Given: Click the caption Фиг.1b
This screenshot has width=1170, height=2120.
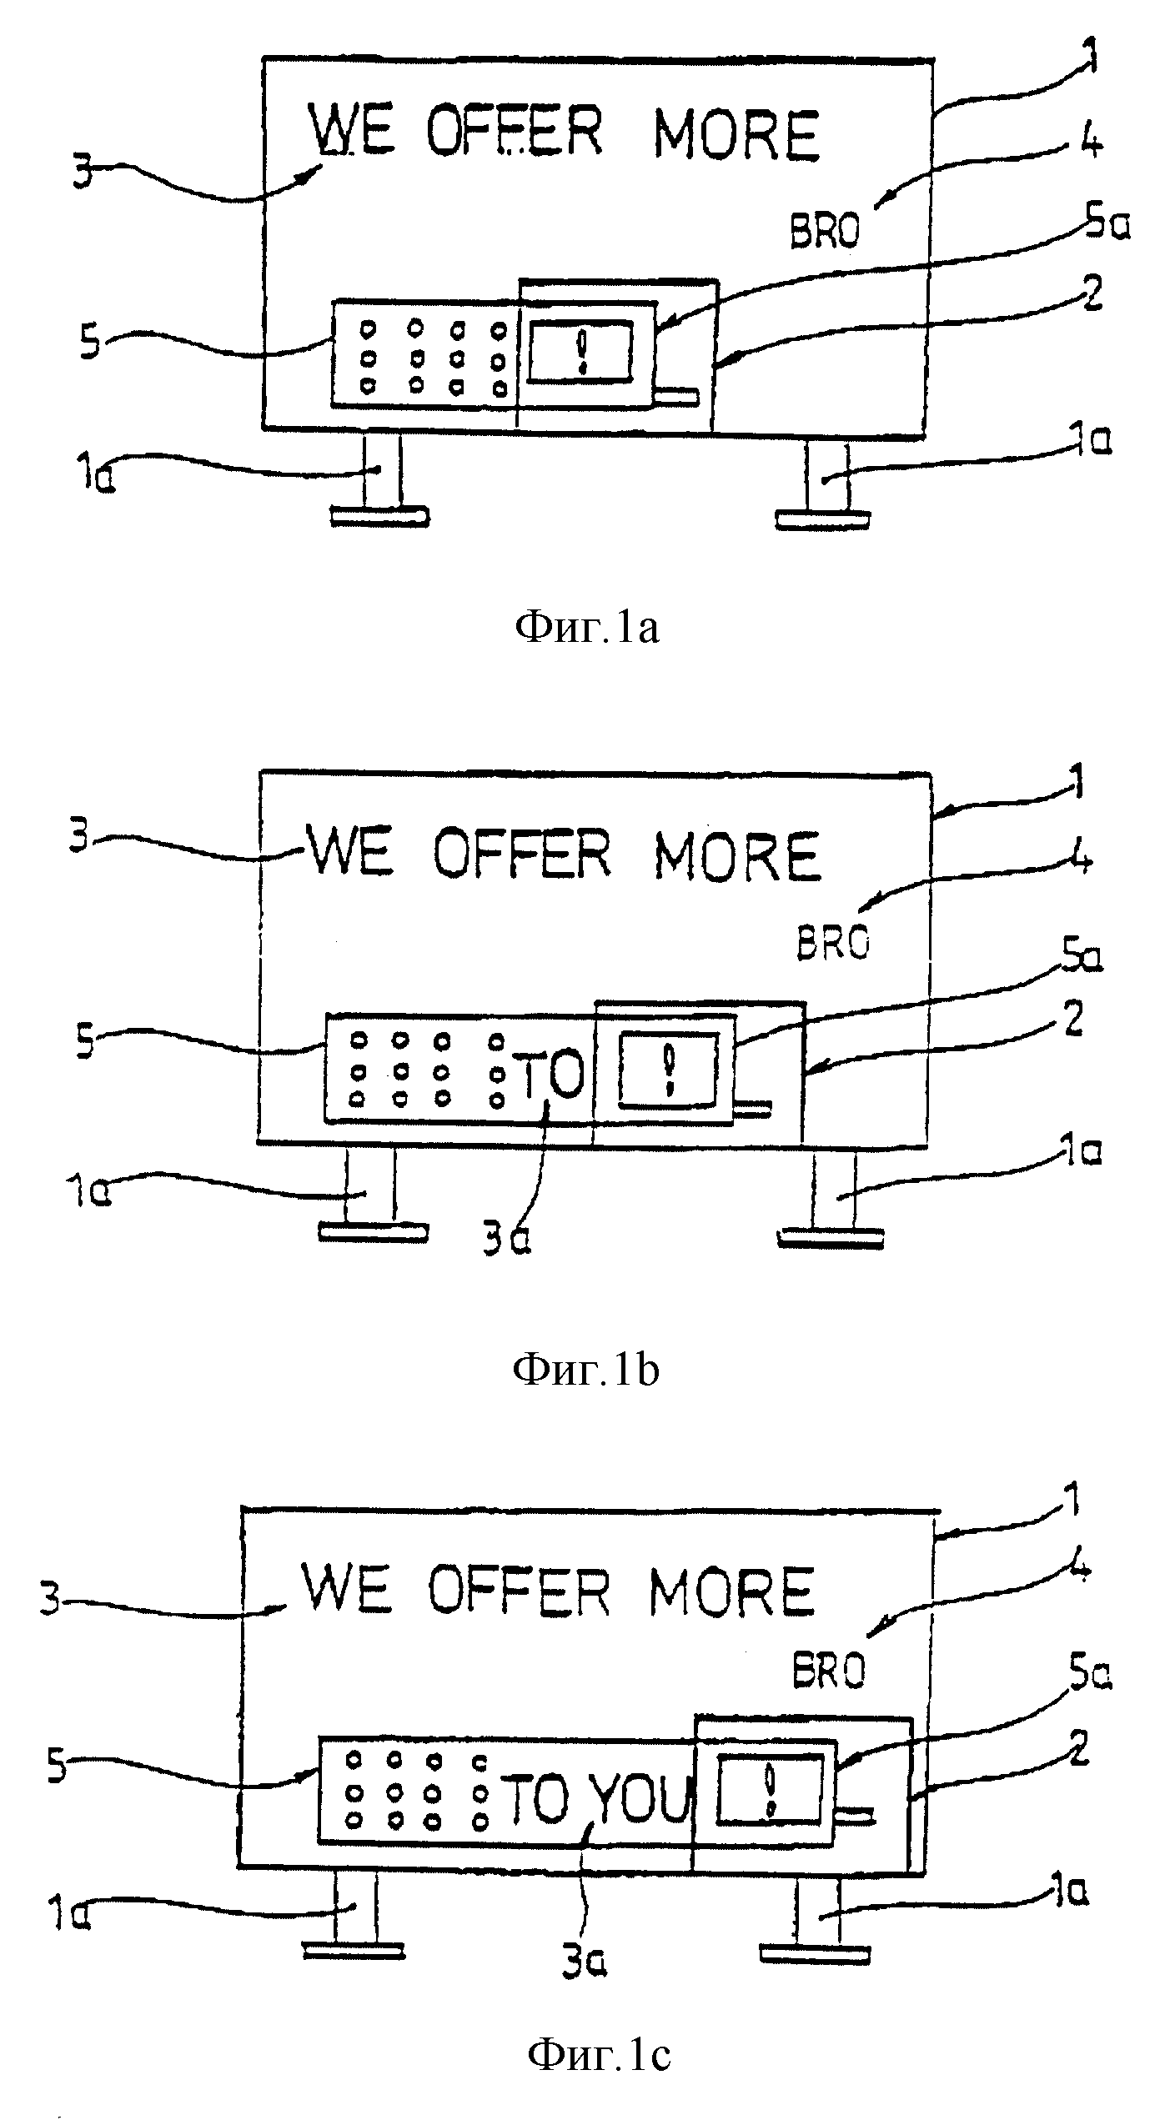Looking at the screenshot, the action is (x=585, y=1370).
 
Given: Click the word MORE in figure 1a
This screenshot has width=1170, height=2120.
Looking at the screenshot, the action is (x=736, y=134).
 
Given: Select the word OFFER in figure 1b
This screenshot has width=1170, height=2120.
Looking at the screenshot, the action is (x=522, y=853).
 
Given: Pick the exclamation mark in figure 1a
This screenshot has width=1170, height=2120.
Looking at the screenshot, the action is (x=582, y=350).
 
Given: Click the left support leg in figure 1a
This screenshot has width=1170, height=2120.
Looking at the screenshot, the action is (x=380, y=479).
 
